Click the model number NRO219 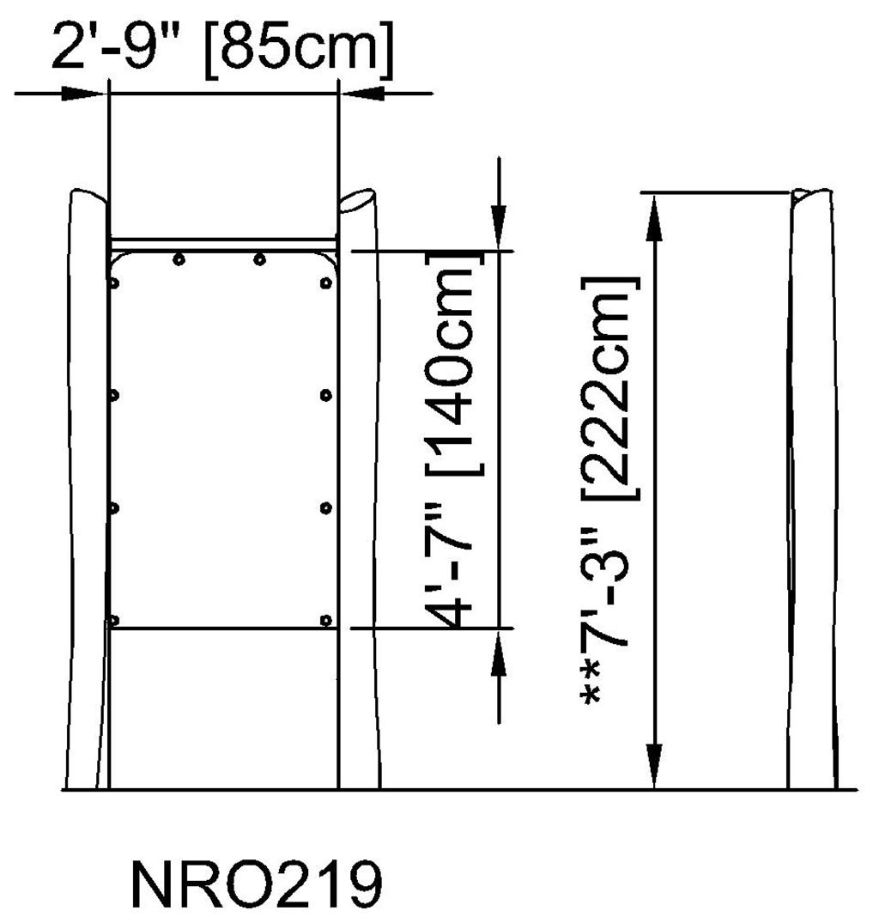[x=255, y=885]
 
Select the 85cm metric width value [x=298, y=50]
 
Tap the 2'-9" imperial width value [x=121, y=50]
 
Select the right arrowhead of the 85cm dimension [x=364, y=93]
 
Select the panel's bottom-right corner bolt [x=324, y=620]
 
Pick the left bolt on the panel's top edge [x=178, y=259]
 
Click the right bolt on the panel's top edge [x=259, y=259]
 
